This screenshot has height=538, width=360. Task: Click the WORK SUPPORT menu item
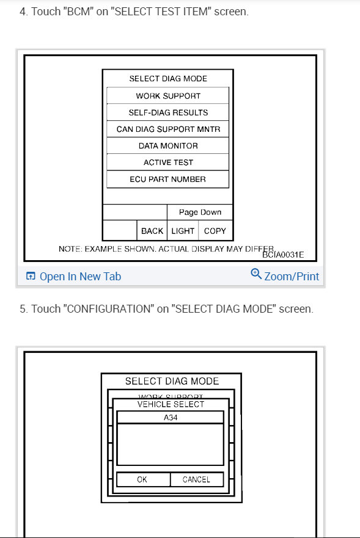click(168, 96)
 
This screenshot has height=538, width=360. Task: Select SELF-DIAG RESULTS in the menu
click(168, 112)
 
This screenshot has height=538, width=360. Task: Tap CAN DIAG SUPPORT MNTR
click(168, 129)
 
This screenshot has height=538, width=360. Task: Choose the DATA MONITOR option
click(168, 146)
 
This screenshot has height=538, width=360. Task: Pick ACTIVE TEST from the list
click(168, 162)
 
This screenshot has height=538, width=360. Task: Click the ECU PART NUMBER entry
click(168, 180)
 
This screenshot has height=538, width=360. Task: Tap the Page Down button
click(200, 213)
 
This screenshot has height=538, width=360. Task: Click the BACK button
click(152, 231)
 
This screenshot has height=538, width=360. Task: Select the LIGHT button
click(183, 231)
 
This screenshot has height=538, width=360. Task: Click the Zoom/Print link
click(291, 277)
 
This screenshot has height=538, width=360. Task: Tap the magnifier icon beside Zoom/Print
click(256, 275)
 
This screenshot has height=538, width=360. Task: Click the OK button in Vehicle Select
click(142, 479)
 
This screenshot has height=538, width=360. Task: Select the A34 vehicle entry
click(171, 418)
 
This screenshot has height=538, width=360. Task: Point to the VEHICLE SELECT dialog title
click(171, 404)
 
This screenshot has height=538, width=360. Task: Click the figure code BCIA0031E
click(283, 255)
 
